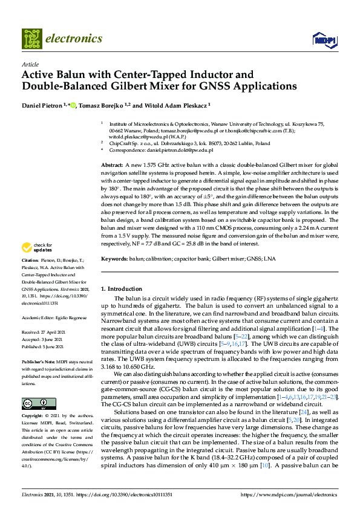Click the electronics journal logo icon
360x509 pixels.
[x=32, y=38]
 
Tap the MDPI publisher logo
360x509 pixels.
[x=321, y=39]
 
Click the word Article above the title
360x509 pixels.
[x=29, y=63]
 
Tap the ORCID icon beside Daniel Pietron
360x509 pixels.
[x=73, y=105]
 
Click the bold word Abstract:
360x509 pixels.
[x=112, y=165]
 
